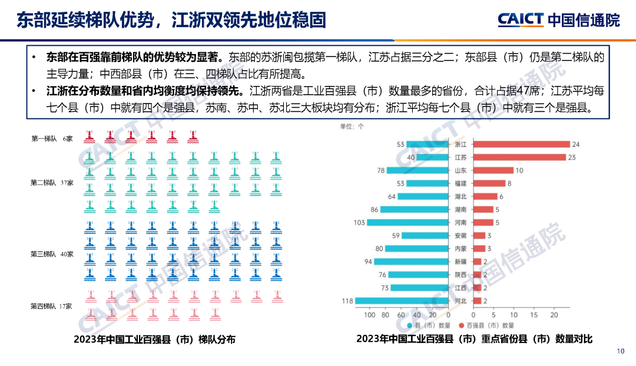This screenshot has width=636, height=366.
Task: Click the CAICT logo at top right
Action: [x=558, y=20]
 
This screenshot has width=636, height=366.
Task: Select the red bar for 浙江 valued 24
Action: [x=521, y=144]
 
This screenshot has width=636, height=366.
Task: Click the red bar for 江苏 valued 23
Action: [x=519, y=157]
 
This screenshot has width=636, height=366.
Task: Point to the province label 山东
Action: [x=461, y=170]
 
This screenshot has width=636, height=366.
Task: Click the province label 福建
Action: [x=461, y=183]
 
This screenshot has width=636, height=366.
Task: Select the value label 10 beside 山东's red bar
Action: [x=519, y=170]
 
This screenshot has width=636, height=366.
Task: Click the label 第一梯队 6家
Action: [x=52, y=139]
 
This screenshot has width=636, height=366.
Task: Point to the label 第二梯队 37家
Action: [x=52, y=183]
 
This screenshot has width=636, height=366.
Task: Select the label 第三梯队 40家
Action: [x=52, y=254]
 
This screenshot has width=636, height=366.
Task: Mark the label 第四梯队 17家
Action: [x=52, y=306]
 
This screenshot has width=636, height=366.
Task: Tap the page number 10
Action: [x=620, y=351]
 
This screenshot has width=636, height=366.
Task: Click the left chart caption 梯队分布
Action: [x=154, y=340]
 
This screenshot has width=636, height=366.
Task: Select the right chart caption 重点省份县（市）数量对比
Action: [x=474, y=339]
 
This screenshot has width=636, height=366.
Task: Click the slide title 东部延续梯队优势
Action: [x=171, y=21]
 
